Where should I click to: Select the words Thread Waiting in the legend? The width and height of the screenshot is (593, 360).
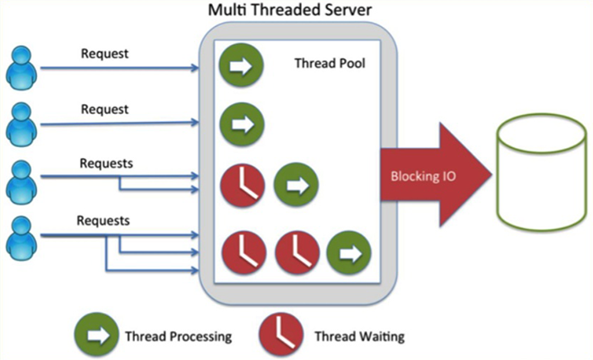(359, 337)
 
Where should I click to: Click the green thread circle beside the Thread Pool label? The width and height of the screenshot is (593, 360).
(240, 66)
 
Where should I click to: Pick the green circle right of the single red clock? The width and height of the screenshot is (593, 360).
(294, 185)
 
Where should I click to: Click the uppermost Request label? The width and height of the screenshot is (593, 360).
(105, 53)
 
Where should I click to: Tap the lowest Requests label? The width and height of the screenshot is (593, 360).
(103, 220)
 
